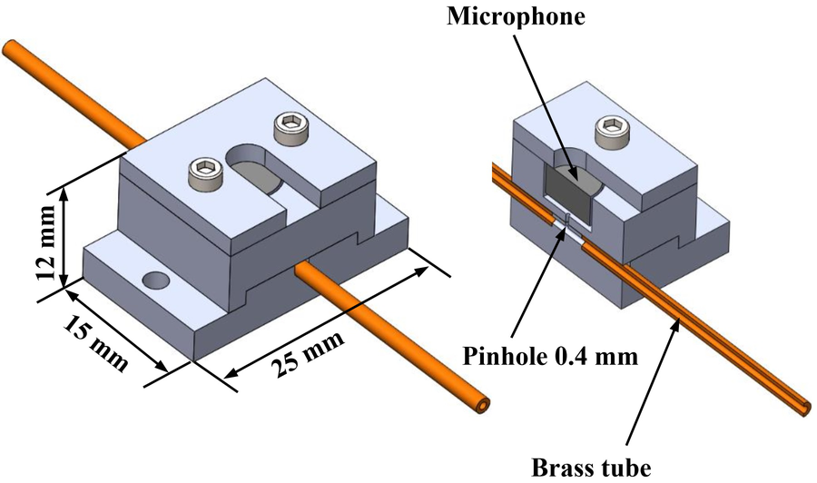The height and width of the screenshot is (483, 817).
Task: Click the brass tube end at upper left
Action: coord(11,47)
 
